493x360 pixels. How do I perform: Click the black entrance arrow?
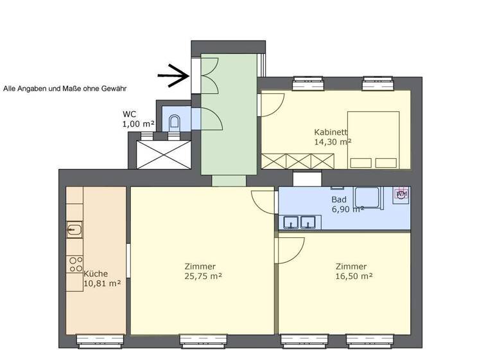click(x=174, y=76)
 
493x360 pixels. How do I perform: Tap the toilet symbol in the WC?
click(x=175, y=122)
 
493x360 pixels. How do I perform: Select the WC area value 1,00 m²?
click(x=138, y=124)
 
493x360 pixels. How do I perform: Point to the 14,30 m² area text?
click(x=333, y=141)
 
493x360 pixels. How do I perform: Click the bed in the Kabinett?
click(x=374, y=140)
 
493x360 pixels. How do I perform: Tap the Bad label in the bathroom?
click(x=339, y=200)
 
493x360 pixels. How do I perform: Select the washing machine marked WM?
click(x=402, y=194)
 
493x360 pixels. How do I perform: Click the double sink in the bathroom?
click(x=300, y=223)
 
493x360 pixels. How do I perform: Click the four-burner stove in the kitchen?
click(x=75, y=264)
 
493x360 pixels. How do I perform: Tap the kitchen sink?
click(x=75, y=229)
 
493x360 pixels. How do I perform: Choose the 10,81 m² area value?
click(x=102, y=283)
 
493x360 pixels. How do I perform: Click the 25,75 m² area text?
click(x=203, y=276)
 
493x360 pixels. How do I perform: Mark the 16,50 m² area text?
click(x=354, y=276)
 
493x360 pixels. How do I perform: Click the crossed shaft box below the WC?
click(x=164, y=154)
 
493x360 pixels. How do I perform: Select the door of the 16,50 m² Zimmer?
click(x=291, y=249)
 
